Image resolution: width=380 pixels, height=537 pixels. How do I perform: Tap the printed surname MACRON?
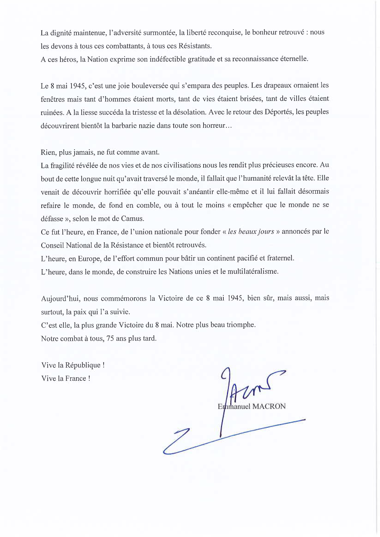tap(269, 406)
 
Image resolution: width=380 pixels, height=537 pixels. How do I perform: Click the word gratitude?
tap(201, 59)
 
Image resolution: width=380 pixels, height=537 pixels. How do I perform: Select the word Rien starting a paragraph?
tap(48, 152)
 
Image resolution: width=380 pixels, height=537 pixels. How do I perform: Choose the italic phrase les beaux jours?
tap(251, 232)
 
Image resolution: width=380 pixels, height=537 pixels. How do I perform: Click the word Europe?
tap(89, 258)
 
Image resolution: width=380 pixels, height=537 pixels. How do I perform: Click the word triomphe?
tap(241, 325)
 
